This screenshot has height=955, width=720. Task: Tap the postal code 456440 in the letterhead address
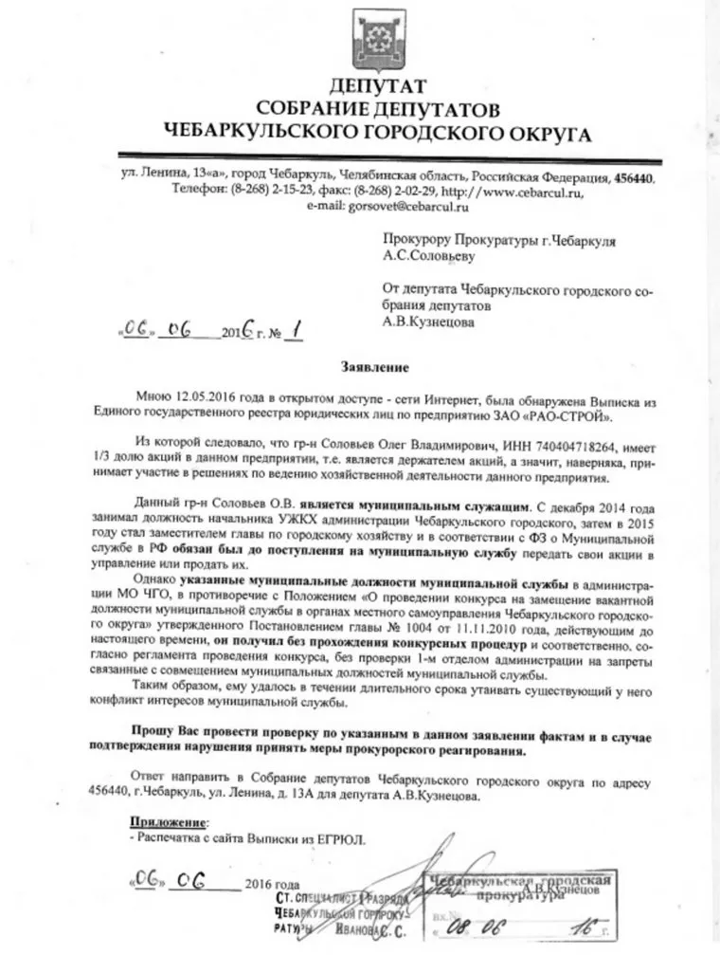(x=633, y=177)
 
